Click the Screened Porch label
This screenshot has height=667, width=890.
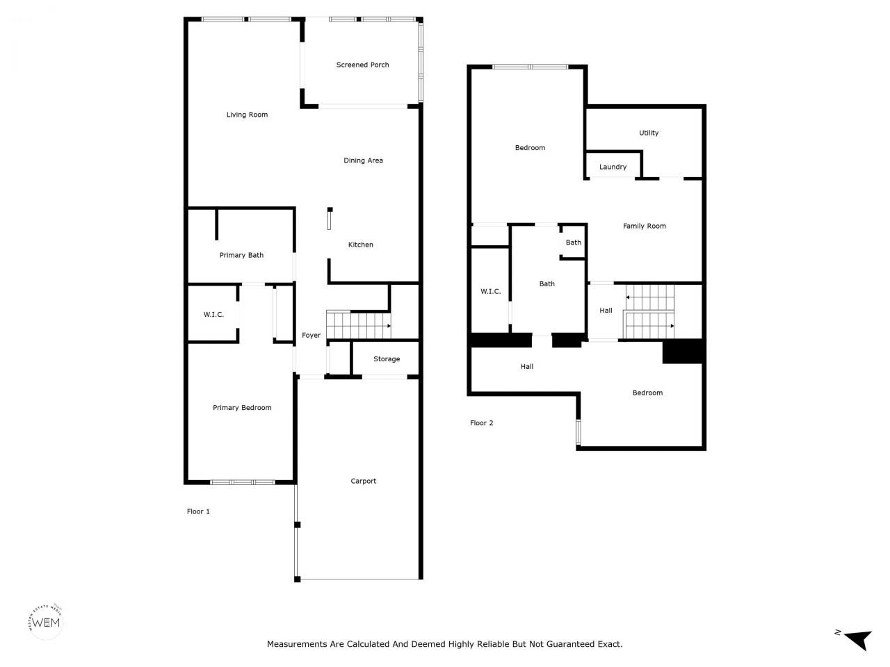[x=362, y=65]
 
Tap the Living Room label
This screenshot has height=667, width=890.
[x=247, y=115]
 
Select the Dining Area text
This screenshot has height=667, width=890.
[x=363, y=160]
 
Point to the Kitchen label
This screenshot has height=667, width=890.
[x=360, y=245]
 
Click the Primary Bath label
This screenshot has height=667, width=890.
[x=241, y=255]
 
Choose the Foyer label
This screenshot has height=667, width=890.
[x=311, y=336]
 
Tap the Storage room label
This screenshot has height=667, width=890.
[x=386, y=359]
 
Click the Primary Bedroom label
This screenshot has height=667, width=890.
[x=242, y=408]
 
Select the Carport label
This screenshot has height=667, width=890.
[x=363, y=481]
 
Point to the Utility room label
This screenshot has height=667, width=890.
[x=648, y=133]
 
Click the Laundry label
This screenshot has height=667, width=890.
[x=613, y=167]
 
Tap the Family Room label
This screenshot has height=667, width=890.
[x=644, y=226]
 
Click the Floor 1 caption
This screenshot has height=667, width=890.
[x=198, y=511]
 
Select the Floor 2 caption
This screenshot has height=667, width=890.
[x=481, y=422]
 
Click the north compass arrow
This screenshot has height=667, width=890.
[x=857, y=638]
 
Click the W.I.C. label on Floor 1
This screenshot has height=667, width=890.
[x=213, y=315]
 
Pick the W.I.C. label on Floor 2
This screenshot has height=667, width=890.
[x=490, y=292]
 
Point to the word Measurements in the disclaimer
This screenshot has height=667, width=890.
[x=297, y=644]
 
